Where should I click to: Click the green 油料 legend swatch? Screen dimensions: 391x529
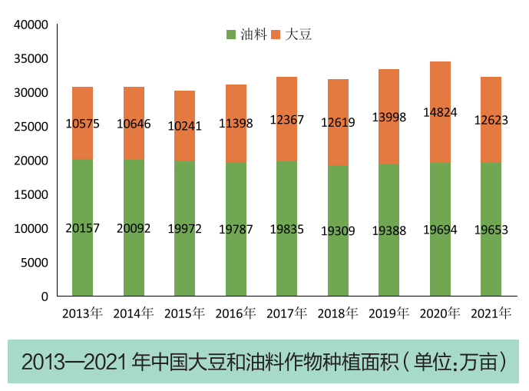[x=231, y=35]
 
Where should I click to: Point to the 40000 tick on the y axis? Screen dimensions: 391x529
[x=32, y=25]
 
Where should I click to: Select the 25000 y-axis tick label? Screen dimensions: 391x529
[x=32, y=127]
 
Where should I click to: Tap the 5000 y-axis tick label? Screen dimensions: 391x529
[x=35, y=263]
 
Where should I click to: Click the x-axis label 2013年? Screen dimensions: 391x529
[x=82, y=313]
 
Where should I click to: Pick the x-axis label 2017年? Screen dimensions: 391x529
[x=286, y=313]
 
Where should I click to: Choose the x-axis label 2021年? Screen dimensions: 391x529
[x=491, y=313]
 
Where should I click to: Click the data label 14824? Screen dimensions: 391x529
[x=440, y=112]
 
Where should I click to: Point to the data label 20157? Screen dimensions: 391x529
[x=82, y=229]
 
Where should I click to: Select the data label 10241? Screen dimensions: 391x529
[x=184, y=126]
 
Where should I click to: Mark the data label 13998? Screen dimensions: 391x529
[x=388, y=116]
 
